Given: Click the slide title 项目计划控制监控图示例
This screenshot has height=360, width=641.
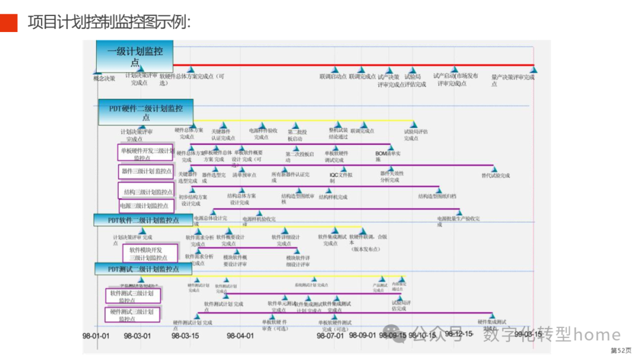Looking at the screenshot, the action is [109, 23].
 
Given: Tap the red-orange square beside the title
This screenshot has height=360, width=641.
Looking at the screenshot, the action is [9, 23].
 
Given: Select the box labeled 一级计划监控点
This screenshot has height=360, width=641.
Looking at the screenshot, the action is [135, 56].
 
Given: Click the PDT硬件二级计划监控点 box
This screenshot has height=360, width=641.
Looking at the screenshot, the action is [146, 113].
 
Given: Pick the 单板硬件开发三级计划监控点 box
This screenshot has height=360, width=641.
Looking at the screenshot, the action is [146, 154].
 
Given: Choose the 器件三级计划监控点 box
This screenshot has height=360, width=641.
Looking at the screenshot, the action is [146, 171].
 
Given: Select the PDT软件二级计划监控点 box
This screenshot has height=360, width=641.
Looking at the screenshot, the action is [143, 220].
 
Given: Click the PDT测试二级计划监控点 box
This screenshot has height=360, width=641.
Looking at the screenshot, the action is [143, 269].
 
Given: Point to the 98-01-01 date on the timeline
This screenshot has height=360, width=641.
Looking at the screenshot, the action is [96, 336].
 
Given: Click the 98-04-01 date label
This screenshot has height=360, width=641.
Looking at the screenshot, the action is [240, 336].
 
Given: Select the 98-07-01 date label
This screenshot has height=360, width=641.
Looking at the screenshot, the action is [331, 336].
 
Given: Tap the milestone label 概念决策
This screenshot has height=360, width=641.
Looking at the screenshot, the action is [104, 78].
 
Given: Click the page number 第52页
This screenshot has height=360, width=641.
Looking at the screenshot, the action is [621, 351].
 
